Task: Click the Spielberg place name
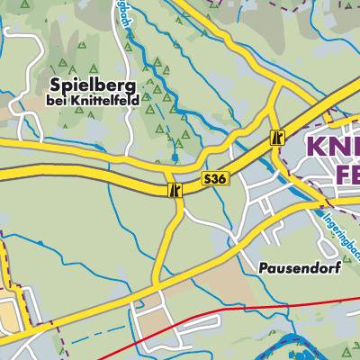[88, 85]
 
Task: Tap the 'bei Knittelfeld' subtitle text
[88, 102]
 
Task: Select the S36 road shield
[214, 180]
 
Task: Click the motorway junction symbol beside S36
[175, 190]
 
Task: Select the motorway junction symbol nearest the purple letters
[278, 138]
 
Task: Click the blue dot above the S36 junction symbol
[174, 157]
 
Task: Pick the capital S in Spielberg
[57, 85]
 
